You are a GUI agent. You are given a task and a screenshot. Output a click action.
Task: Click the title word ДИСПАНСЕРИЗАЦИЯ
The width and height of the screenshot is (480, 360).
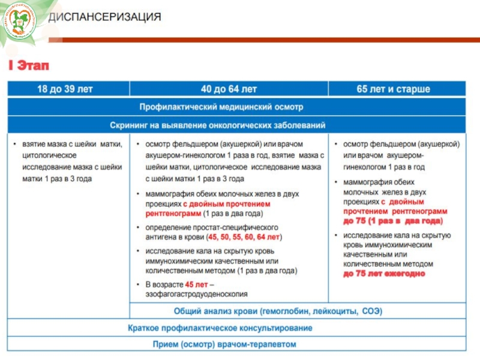point(104,17)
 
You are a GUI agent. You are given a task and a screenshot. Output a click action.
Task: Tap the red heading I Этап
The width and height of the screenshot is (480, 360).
point(29,65)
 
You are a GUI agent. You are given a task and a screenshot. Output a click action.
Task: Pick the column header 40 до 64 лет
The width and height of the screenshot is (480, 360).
point(229,89)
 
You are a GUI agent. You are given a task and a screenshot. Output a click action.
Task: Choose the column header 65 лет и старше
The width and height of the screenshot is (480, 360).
point(393,89)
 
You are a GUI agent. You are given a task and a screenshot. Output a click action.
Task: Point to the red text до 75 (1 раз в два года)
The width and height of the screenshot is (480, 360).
point(392,221)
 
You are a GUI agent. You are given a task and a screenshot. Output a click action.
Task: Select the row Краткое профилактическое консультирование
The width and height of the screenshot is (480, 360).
point(220,328)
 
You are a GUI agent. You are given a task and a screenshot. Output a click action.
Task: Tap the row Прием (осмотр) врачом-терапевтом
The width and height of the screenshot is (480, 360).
point(220,344)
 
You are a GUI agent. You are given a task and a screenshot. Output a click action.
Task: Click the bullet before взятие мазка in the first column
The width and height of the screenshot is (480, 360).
point(15,145)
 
